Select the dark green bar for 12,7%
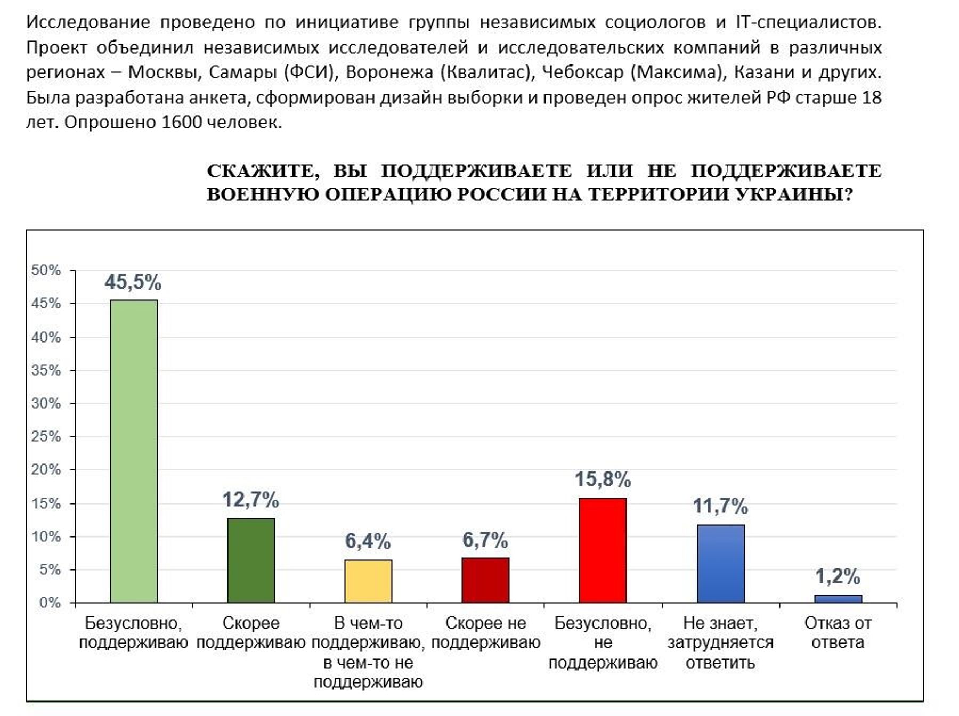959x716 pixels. [251, 560]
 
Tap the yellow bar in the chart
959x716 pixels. [368, 581]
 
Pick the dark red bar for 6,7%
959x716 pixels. [485, 580]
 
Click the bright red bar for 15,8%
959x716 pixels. [603, 550]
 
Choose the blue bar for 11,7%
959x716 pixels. [721, 563]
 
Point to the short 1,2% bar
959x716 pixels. [838, 598]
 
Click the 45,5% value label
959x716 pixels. [133, 282]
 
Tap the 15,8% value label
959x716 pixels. [603, 479]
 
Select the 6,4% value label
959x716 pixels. [368, 541]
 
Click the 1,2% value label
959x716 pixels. [838, 576]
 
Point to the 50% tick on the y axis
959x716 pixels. [46, 270]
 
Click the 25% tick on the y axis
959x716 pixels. [46, 436]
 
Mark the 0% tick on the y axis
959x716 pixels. [50, 603]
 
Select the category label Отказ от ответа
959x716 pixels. [838, 632]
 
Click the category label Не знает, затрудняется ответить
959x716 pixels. [720, 642]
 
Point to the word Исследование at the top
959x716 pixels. [88, 22]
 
